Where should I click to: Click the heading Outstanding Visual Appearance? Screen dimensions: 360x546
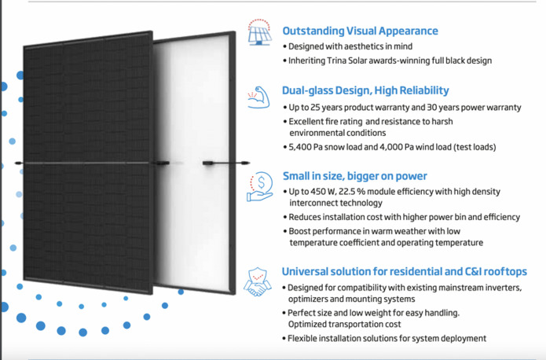360,31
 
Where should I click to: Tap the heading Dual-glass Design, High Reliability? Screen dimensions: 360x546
365,91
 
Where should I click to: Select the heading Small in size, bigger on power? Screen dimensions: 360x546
355,176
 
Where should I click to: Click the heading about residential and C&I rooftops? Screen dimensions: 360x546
404,272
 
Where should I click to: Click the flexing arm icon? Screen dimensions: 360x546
258,97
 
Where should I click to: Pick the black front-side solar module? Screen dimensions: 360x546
86,165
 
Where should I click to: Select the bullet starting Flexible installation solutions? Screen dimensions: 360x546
387,338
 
